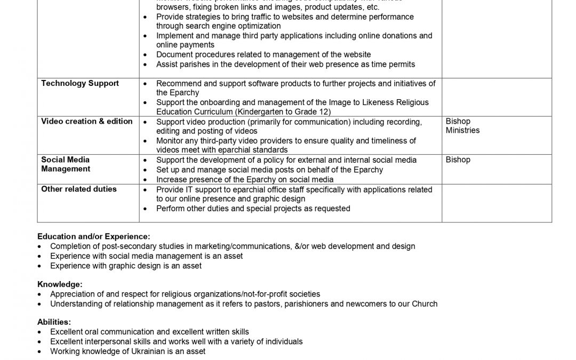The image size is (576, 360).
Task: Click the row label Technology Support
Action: point(80,83)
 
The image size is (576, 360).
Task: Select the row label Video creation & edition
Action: point(86,121)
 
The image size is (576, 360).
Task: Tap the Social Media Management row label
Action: point(66,164)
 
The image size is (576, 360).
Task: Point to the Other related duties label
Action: point(79,189)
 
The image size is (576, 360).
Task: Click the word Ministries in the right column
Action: point(462,130)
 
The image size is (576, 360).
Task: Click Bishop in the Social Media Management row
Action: point(458,159)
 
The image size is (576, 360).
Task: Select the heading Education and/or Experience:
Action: point(93,236)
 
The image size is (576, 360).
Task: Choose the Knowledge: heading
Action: point(60,284)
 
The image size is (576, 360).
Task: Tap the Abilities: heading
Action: point(54,322)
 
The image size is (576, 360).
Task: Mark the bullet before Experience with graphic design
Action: point(41,266)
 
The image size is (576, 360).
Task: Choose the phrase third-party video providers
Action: point(249,141)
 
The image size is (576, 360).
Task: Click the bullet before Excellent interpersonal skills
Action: point(41,341)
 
